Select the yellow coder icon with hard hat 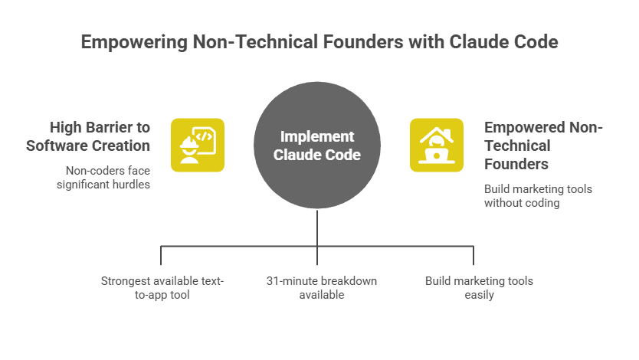(198, 145)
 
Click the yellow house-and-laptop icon (437, 145)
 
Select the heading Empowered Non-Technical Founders (543, 146)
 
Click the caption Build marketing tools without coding (538, 195)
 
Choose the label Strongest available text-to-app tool (162, 287)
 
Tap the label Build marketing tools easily (479, 287)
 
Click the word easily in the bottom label (479, 295)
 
